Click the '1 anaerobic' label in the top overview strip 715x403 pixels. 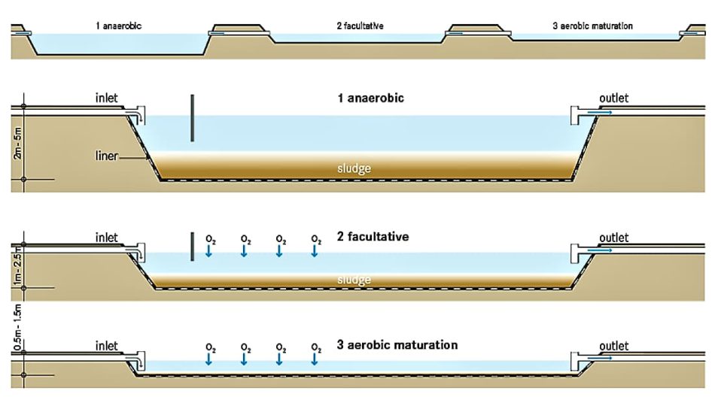[x=119, y=26]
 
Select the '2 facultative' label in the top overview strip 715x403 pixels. [x=361, y=26]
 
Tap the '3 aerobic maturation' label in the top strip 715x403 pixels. [x=592, y=26]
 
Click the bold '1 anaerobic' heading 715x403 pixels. [x=370, y=98]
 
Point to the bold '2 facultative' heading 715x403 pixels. [x=373, y=237]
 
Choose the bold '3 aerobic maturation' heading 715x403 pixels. [x=397, y=345]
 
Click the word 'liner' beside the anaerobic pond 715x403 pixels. [x=107, y=156]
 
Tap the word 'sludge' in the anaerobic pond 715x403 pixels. [x=353, y=168]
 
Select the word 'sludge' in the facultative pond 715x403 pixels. [x=353, y=280]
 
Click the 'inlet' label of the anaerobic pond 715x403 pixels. [x=107, y=98]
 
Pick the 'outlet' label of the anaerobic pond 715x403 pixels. [x=613, y=98]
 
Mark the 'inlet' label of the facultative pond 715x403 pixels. [x=107, y=238]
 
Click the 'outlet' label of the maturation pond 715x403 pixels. [x=613, y=346]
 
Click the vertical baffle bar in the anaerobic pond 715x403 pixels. [x=193, y=118]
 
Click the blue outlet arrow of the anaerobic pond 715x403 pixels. [x=599, y=113]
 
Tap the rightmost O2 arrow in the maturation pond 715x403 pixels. [x=315, y=358]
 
